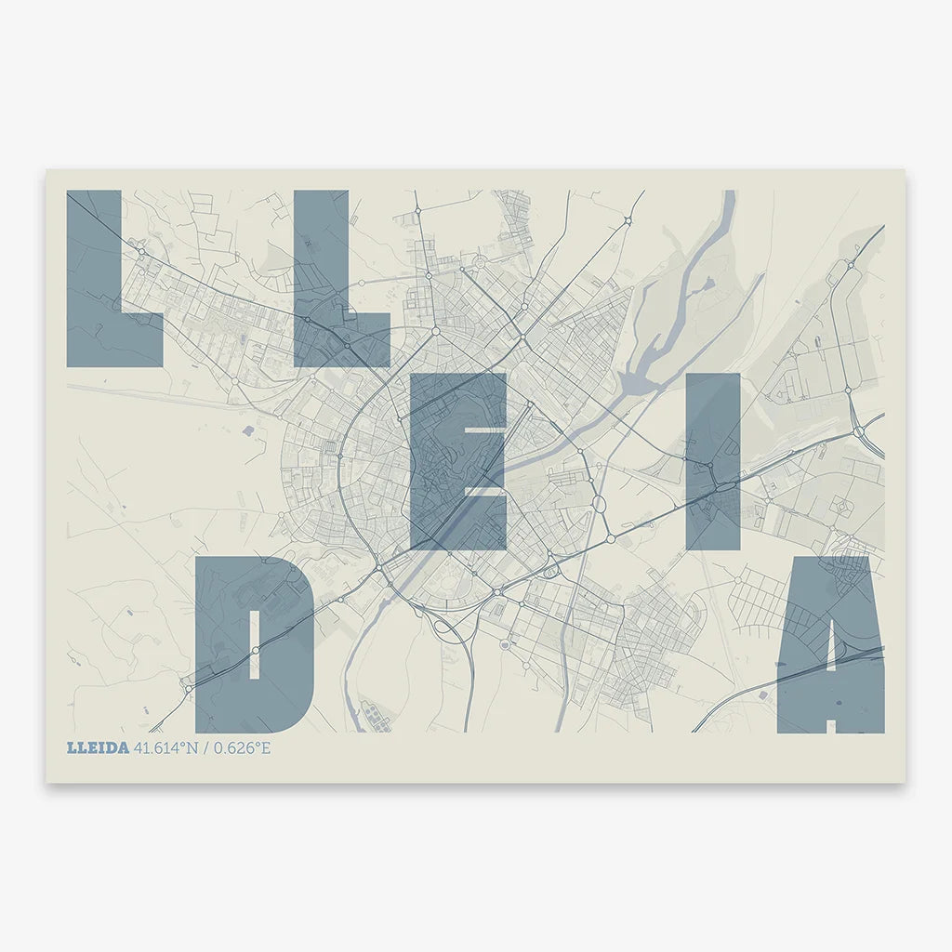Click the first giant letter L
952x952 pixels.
94,279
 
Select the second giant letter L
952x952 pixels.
321,279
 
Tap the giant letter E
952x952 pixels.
437,460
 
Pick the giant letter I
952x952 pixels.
713,460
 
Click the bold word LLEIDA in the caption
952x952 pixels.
98,747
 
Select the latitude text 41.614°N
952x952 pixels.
165,747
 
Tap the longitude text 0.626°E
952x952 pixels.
242,747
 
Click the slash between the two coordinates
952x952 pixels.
206,747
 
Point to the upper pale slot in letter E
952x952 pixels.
484,430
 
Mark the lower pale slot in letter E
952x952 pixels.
484,490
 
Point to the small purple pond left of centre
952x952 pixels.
247,430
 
